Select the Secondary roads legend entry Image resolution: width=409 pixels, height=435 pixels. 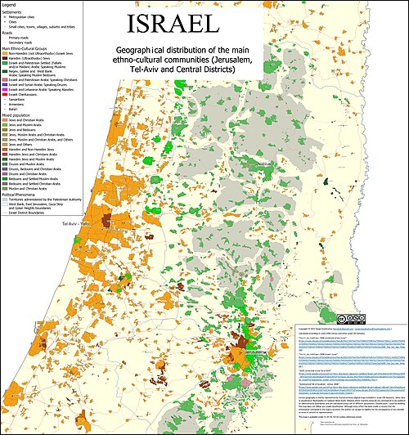coord(25,43)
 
